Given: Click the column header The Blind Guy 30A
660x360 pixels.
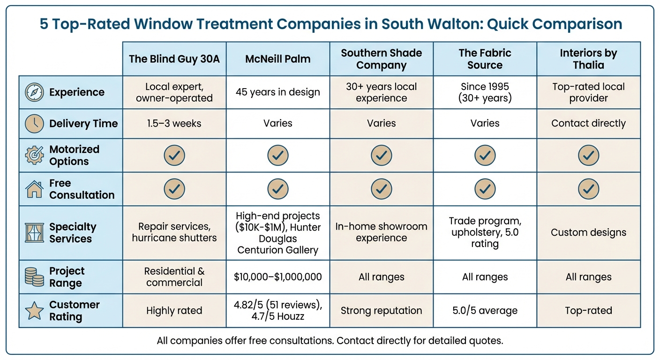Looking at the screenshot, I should (174, 59).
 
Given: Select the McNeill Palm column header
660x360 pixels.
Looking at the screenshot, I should (277, 59).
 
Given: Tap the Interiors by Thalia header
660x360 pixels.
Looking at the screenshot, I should (588, 59).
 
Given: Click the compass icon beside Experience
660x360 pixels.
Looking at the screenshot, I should (34, 92).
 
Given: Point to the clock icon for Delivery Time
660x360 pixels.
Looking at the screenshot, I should (34, 124).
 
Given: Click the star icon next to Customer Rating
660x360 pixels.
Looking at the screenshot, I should (34, 311).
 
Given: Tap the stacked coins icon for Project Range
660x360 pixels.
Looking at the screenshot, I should (34, 277).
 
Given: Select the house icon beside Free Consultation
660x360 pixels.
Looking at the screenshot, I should (34, 189).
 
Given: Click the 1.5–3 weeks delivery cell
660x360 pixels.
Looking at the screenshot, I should (174, 124).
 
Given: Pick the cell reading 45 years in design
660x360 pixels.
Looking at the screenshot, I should (277, 92).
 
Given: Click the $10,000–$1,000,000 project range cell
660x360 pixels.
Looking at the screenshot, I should (277, 277).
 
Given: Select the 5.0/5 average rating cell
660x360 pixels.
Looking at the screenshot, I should (485, 311).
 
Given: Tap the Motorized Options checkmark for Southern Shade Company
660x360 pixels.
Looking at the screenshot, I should (381, 155).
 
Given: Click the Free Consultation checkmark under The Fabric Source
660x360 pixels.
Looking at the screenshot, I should (485, 189).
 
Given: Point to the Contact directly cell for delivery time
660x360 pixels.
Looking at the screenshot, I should (588, 124).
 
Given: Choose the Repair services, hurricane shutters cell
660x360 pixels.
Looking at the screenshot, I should (174, 232).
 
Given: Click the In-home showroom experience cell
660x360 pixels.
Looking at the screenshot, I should (381, 232).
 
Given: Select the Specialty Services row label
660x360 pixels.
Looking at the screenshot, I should (73, 233).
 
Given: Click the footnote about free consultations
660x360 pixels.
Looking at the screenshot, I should (330, 341).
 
